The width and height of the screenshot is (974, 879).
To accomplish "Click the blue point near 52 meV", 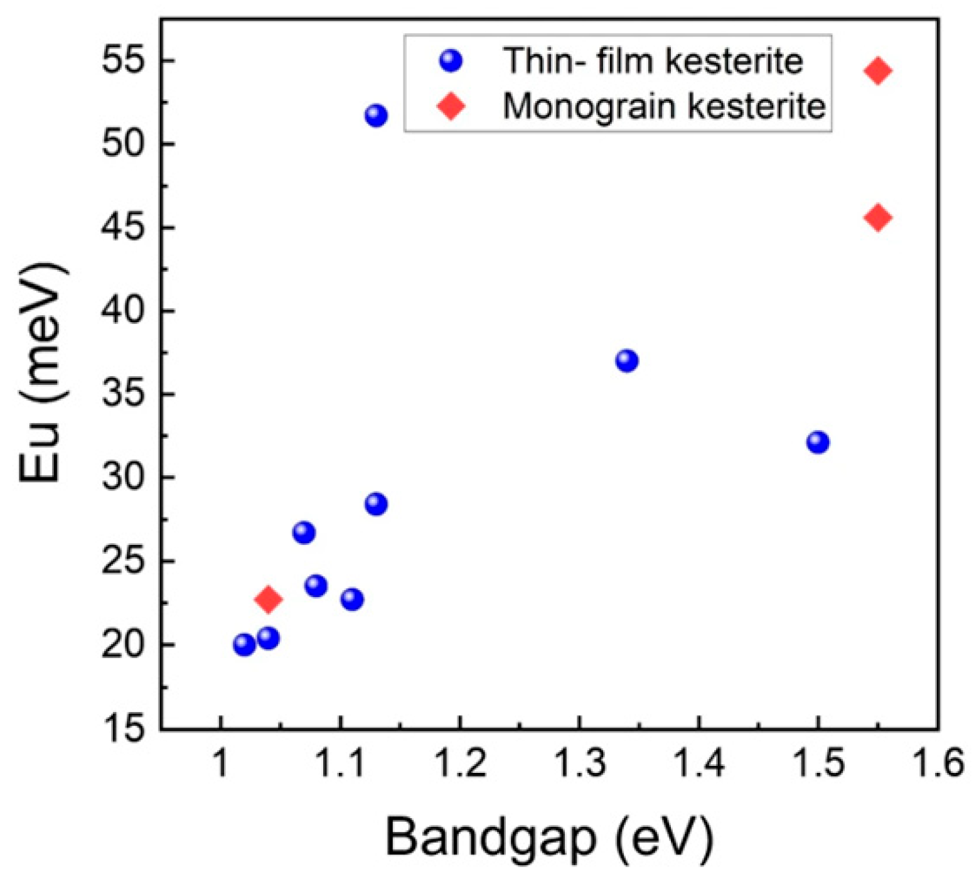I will pyautogui.click(x=376, y=116).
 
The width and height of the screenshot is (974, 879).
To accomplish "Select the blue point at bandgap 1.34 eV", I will pyautogui.click(x=627, y=360).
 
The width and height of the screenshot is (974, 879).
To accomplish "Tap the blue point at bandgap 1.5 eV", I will pyautogui.click(x=818, y=442).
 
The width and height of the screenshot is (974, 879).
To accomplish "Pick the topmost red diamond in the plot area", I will pyautogui.click(x=878, y=70).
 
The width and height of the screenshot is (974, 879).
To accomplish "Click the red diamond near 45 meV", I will pyautogui.click(x=878, y=218).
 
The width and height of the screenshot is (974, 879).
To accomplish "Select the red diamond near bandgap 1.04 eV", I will pyautogui.click(x=269, y=600).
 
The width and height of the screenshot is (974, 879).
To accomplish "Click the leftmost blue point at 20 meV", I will pyautogui.click(x=244, y=645).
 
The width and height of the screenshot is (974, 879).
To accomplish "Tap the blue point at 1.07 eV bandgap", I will pyautogui.click(x=304, y=532).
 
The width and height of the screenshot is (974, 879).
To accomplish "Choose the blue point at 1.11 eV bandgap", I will pyautogui.click(x=352, y=599).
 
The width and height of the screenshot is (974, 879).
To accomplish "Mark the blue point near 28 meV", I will pyautogui.click(x=376, y=504).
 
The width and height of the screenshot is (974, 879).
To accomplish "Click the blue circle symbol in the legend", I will pyautogui.click(x=451, y=61).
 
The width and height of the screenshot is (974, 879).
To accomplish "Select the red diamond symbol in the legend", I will pyautogui.click(x=451, y=106).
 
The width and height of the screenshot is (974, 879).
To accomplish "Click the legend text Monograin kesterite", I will pyautogui.click(x=664, y=106).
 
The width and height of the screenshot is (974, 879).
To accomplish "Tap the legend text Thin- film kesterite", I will pyautogui.click(x=653, y=61).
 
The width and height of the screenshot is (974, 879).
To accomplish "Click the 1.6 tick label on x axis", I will pyautogui.click(x=938, y=764).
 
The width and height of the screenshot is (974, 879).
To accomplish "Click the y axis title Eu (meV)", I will pyautogui.click(x=41, y=374).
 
